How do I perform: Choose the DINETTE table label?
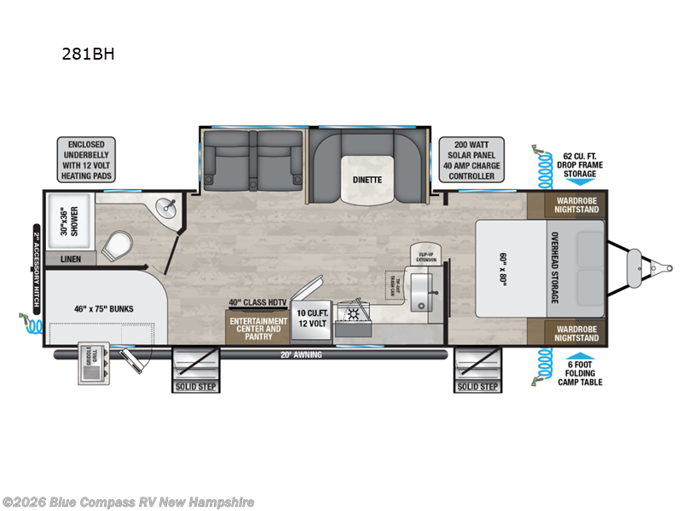point(369,180)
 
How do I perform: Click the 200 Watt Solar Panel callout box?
point(471,158)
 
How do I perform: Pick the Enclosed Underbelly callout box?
point(87,158)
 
